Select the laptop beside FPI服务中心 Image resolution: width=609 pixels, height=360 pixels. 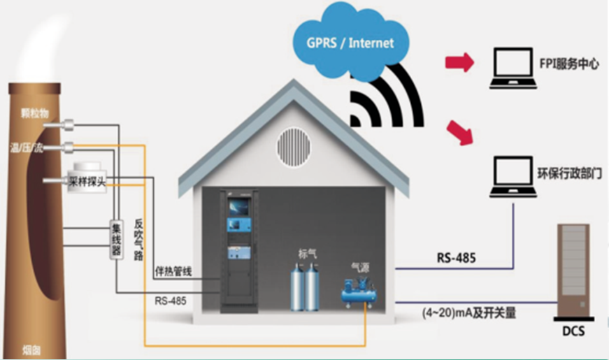point(512,68)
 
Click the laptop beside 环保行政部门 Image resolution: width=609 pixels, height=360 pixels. point(513,175)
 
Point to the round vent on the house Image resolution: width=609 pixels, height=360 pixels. point(293,145)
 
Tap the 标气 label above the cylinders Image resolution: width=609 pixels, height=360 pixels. point(308,254)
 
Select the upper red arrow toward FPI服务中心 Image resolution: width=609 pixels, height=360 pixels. point(459,63)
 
